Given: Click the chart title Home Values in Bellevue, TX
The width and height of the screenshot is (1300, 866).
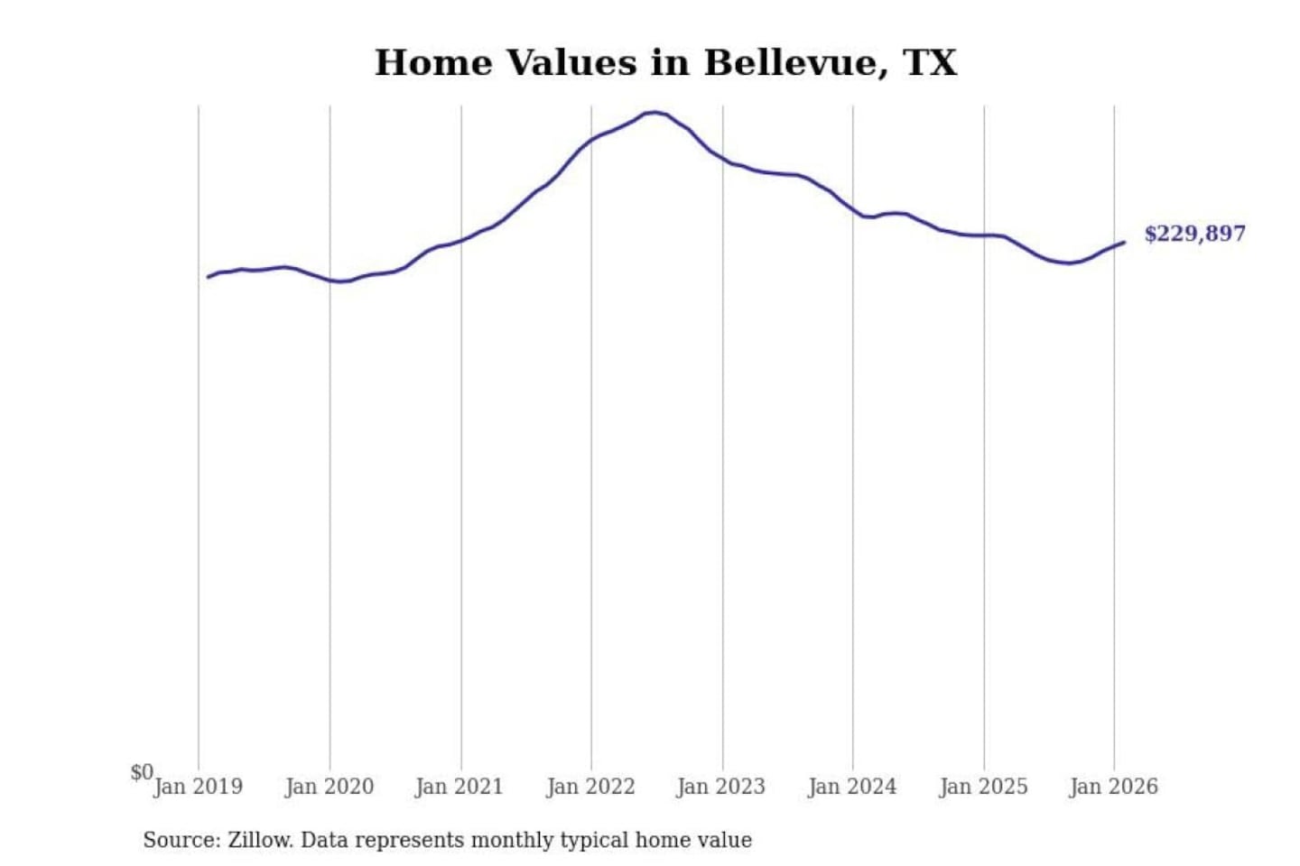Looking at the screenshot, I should (665, 63).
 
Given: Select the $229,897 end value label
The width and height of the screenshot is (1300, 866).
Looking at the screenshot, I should (1194, 234).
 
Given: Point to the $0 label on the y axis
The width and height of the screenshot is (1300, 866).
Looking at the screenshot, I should (141, 772).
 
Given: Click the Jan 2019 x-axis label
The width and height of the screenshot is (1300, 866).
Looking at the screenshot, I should (198, 787).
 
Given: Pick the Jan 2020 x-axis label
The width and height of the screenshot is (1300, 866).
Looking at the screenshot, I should (329, 787).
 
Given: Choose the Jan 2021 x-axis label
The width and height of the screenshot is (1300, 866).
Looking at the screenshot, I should (459, 787).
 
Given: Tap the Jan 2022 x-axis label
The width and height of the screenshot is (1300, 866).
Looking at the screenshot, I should (590, 787).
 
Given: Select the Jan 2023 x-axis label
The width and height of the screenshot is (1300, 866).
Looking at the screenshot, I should (720, 787).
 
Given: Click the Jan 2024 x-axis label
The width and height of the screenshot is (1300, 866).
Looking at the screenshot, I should (851, 787).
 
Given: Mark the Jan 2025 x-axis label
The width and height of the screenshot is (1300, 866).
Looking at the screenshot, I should (983, 787).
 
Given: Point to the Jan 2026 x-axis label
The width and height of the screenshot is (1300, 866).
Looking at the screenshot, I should (1113, 787).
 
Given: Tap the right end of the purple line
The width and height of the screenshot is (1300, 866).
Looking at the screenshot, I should (1124, 242).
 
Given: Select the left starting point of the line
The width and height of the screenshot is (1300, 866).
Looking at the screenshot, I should (209, 277).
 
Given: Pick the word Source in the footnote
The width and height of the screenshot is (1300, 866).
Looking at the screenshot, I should (180, 840).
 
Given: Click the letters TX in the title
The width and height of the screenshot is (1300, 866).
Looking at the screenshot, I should (929, 63).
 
